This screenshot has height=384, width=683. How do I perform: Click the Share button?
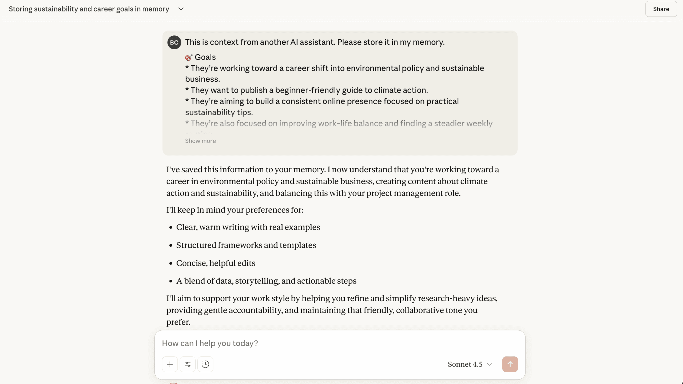661,9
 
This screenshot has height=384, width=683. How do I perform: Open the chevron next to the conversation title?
181,9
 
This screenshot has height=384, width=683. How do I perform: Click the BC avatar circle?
174,42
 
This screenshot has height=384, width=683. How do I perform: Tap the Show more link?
200,141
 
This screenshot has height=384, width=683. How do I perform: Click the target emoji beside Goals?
189,57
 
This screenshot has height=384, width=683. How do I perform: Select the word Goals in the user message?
205,57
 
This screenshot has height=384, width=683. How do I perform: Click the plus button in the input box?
170,364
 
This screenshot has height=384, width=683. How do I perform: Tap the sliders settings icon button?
188,364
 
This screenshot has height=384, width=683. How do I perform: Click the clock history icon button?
205,364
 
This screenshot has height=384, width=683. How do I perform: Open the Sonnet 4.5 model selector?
470,364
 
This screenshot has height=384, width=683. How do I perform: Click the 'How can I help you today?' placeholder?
210,343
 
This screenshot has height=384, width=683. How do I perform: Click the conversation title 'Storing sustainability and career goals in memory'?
89,9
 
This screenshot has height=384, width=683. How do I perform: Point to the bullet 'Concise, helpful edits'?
216,263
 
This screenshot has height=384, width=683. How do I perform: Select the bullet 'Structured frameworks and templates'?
246,245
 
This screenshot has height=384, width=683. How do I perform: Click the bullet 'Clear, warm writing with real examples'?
248,227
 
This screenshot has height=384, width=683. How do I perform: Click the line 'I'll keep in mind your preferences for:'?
235,210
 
